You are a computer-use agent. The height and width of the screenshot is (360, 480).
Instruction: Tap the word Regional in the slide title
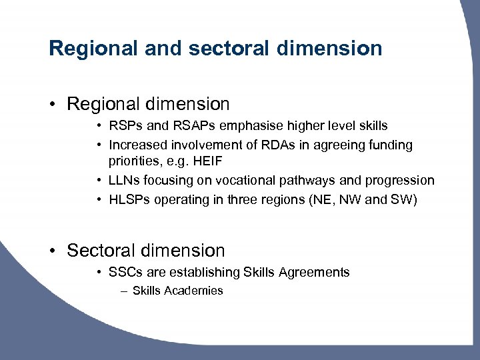(93, 48)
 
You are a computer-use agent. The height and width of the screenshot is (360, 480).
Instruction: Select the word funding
(389, 145)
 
